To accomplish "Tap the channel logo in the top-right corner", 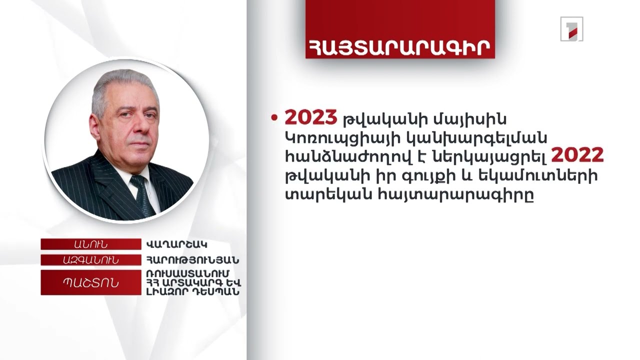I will point(571,29).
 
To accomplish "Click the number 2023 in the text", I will point(311,117).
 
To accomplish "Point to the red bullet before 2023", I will point(273,118).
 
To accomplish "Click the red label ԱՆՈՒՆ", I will point(90,244).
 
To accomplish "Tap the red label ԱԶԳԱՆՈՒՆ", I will point(90,260).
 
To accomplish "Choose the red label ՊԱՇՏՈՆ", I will point(90,282).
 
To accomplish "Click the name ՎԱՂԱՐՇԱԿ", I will point(177,244).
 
